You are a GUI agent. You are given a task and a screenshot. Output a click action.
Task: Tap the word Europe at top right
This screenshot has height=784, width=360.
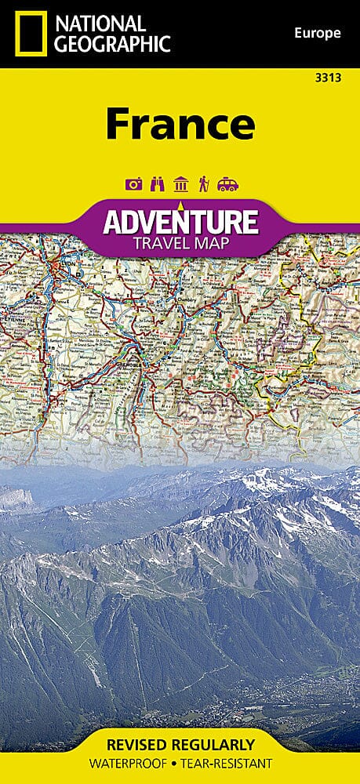point(318,33)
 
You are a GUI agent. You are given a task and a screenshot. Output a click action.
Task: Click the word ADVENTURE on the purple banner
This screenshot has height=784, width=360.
point(180,222)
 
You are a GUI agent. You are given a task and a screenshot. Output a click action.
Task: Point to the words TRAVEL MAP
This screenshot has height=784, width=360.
point(180,243)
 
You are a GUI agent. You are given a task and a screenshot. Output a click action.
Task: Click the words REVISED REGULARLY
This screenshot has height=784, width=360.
point(180,744)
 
